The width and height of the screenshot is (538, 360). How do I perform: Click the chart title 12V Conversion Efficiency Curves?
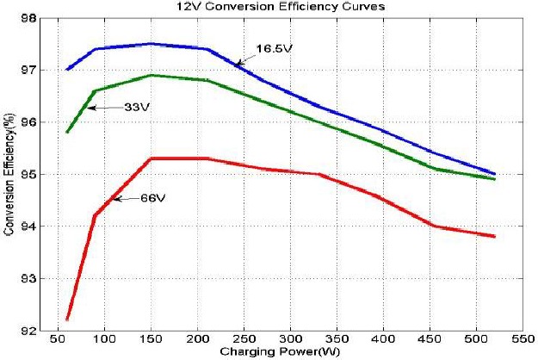click(269, 8)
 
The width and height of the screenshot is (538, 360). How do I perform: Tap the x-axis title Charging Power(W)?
click(269, 351)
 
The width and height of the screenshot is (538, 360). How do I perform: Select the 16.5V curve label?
click(275, 50)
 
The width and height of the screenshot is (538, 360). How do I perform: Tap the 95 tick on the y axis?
click(28, 174)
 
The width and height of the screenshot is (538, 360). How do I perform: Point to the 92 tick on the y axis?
click(28, 331)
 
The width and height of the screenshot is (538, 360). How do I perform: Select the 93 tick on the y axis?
click(28, 278)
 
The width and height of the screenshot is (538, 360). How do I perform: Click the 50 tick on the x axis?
click(58, 339)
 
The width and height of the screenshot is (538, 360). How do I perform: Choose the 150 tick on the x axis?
click(152, 339)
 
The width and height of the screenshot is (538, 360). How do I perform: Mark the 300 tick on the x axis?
click(292, 339)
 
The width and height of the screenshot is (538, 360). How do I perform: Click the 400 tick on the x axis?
click(385, 339)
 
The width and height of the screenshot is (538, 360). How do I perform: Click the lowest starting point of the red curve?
click(67, 320)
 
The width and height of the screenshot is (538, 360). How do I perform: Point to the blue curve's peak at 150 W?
click(152, 43)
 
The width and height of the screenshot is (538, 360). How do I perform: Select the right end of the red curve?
click(495, 236)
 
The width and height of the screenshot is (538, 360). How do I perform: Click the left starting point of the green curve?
click(67, 132)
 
